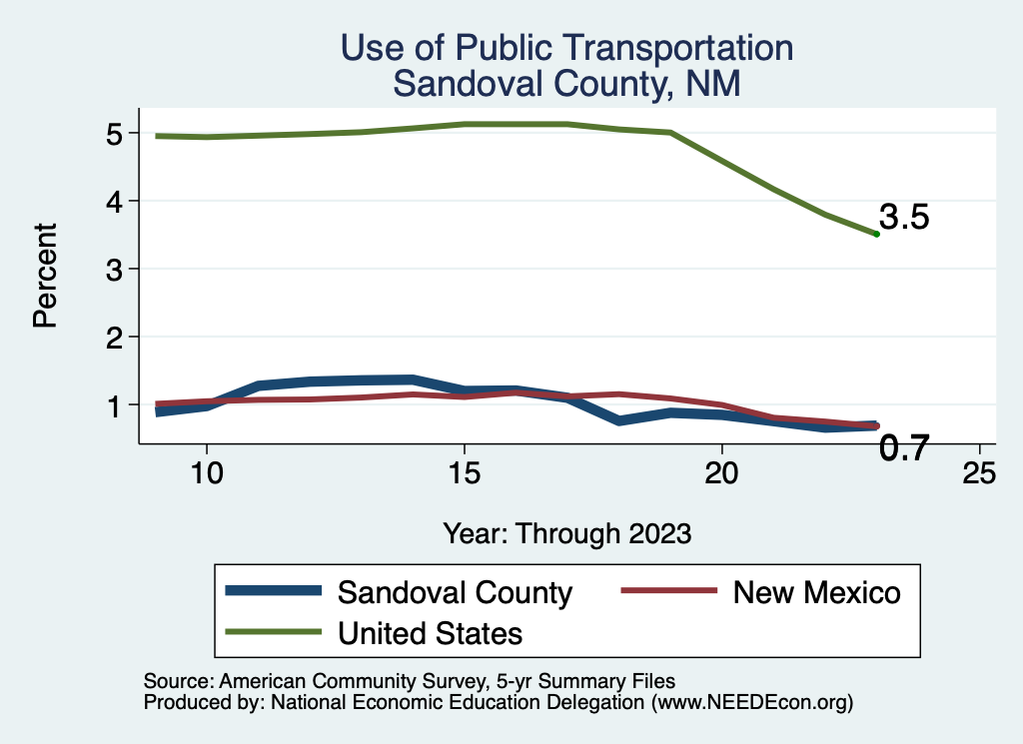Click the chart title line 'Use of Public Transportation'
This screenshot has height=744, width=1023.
pyautogui.click(x=566, y=48)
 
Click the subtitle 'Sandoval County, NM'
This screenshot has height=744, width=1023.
pyautogui.click(x=566, y=83)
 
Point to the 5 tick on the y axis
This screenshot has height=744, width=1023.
pyautogui.click(x=112, y=134)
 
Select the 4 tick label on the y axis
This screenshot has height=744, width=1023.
pyautogui.click(x=112, y=202)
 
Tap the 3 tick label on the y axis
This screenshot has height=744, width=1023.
pyautogui.click(x=112, y=270)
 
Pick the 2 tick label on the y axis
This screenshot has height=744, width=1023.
pyautogui.click(x=112, y=338)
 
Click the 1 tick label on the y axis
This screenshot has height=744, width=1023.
pyautogui.click(x=112, y=405)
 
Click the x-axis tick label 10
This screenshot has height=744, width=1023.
pyautogui.click(x=206, y=472)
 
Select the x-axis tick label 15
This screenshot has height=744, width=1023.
pyautogui.click(x=464, y=472)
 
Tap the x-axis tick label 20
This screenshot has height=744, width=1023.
pyautogui.click(x=721, y=472)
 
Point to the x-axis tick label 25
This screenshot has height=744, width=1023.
pyautogui.click(x=979, y=472)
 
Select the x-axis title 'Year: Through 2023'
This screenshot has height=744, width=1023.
pyautogui.click(x=566, y=533)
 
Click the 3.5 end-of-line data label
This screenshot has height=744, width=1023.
pyautogui.click(x=904, y=218)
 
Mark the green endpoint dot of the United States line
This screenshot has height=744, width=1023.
pyautogui.click(x=876, y=234)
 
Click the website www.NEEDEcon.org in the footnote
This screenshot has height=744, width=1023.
pyautogui.click(x=751, y=703)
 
